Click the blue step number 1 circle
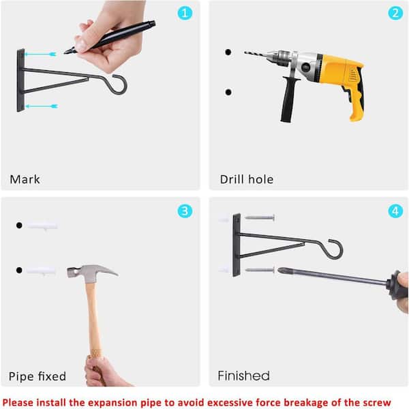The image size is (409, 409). (185, 13)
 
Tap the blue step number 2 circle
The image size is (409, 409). (395, 13)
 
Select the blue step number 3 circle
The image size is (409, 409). (185, 211)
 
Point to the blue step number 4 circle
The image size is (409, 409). (395, 211)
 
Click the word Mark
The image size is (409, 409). (25, 179)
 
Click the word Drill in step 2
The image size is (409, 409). (232, 179)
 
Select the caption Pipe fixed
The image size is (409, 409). (37, 376)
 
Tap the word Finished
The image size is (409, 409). (243, 376)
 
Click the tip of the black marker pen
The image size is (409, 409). (65, 52)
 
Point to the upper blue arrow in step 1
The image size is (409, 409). (40, 55)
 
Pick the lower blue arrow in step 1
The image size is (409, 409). (42, 106)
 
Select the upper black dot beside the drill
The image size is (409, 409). (228, 52)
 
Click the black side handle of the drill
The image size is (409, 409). (289, 99)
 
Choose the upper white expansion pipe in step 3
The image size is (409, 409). (42, 226)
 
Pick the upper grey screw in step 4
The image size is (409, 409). (260, 217)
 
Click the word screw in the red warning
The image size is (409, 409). (376, 402)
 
